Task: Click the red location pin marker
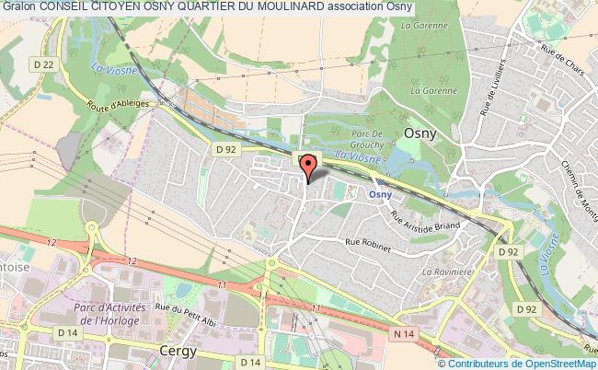coord(308,167)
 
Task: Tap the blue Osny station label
coord(382,194)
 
